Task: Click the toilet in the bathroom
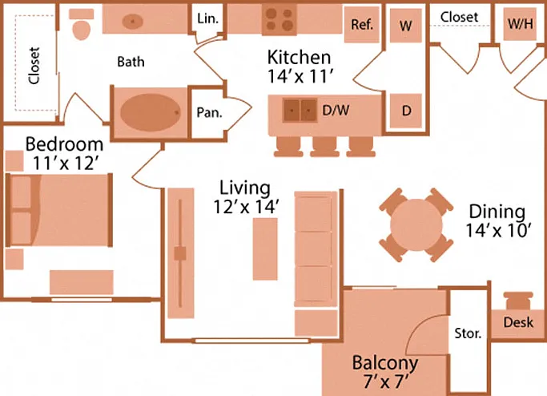pyautogui.click(x=82, y=24)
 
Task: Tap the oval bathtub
pyautogui.click(x=150, y=112)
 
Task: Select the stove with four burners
pyautogui.click(x=280, y=19)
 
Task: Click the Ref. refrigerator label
pyautogui.click(x=362, y=24)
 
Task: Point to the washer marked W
pyautogui.click(x=406, y=26)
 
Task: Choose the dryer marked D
pyautogui.click(x=406, y=111)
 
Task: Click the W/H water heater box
pyautogui.click(x=520, y=24)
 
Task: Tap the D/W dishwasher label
pyautogui.click(x=336, y=111)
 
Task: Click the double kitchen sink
pyautogui.click(x=300, y=111)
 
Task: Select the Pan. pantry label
pyautogui.click(x=209, y=112)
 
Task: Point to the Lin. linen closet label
pyautogui.click(x=208, y=18)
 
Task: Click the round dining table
pyautogui.click(x=416, y=225)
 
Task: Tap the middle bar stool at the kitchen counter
pyautogui.click(x=325, y=147)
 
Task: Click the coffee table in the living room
pyautogui.click(x=265, y=249)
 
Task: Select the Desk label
pyautogui.click(x=518, y=322)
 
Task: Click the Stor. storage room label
pyautogui.click(x=468, y=333)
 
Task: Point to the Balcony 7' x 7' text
pyautogui.click(x=385, y=372)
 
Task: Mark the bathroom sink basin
pyautogui.click(x=133, y=22)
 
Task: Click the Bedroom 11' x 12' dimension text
pyautogui.click(x=65, y=154)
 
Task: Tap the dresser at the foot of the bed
pyautogui.click(x=81, y=282)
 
